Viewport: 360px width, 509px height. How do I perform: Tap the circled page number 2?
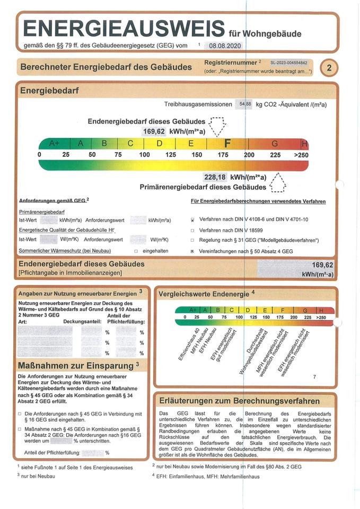[x=329, y=67]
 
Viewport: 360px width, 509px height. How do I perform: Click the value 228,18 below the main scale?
[x=215, y=177]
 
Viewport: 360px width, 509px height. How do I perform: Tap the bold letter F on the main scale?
[x=228, y=143]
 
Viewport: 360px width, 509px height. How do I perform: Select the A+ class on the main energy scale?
[x=55, y=143]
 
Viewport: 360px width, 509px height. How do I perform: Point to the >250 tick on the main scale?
[x=301, y=154]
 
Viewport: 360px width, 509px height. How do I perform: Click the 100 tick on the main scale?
[x=144, y=154]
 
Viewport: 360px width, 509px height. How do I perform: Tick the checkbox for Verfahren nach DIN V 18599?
[x=193, y=230]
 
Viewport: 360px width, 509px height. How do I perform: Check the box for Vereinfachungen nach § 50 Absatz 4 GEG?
[x=193, y=250]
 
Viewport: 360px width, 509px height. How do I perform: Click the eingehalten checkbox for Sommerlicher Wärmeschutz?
[x=136, y=250]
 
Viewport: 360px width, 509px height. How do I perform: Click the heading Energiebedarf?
[x=49, y=91]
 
